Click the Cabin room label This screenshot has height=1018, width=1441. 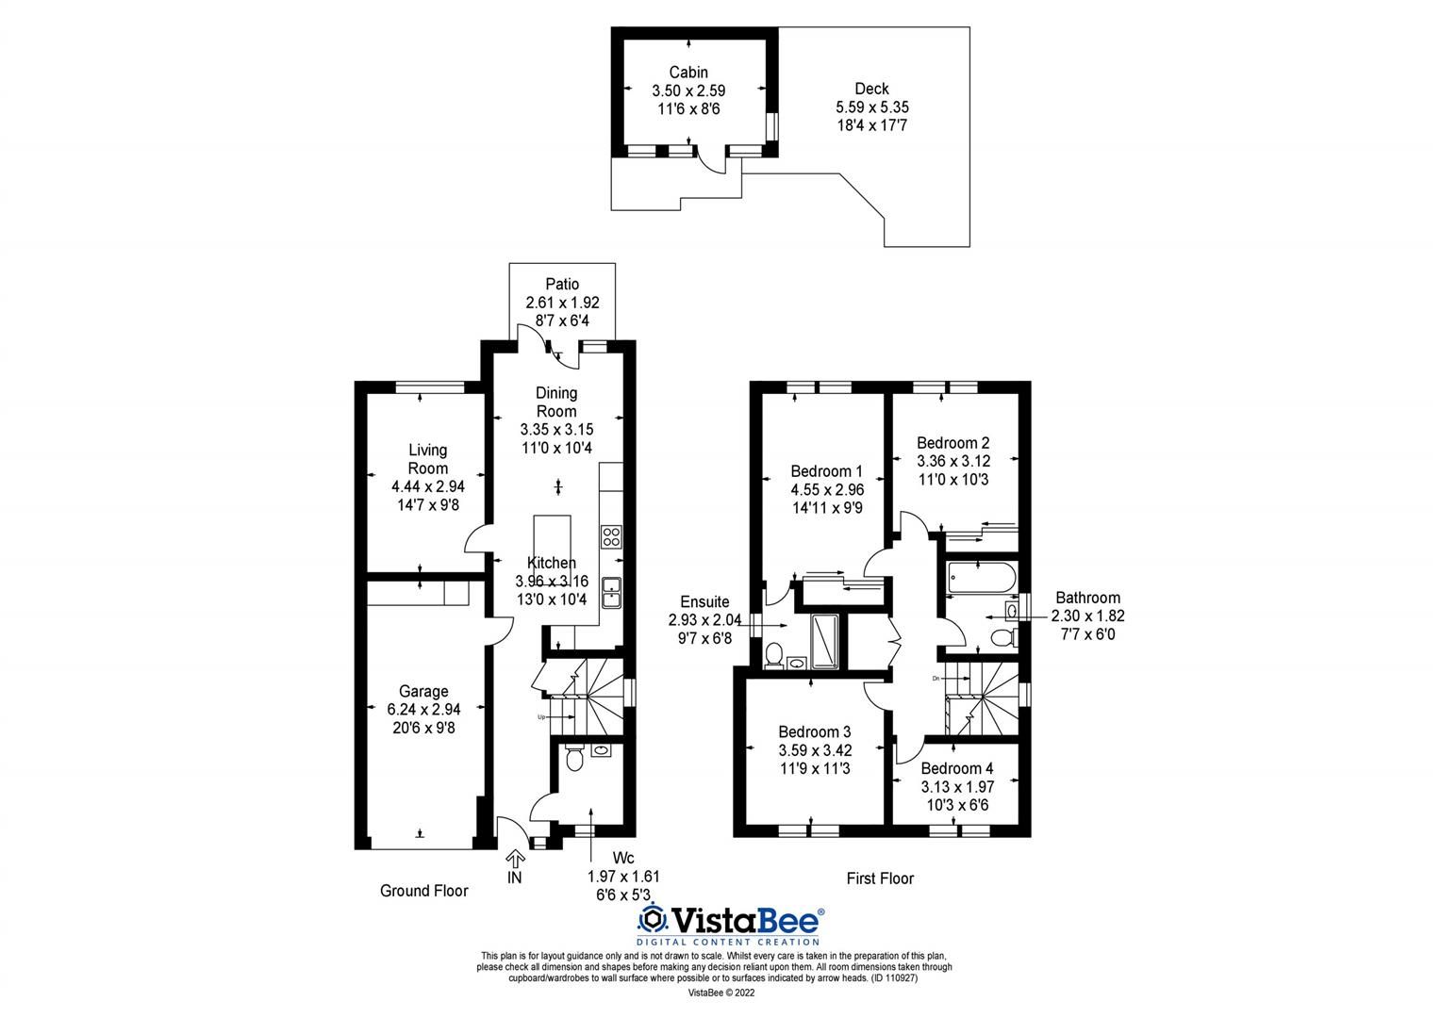(688, 73)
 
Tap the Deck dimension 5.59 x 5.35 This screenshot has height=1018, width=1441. (871, 107)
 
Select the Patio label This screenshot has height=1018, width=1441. (562, 284)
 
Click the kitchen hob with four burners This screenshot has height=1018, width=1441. (611, 536)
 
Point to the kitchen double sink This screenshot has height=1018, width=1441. (611, 589)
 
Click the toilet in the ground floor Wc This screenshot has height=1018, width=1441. (571, 760)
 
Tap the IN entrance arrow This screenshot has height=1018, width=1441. (515, 859)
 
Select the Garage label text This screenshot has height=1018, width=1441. (423, 691)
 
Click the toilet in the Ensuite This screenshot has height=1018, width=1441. (774, 653)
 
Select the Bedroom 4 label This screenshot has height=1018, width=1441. (957, 768)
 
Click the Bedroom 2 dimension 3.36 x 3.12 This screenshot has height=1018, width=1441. (952, 461)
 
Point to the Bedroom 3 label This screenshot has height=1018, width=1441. (815, 731)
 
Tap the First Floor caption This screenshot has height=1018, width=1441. (880, 878)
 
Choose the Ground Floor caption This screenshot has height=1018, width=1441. (423, 891)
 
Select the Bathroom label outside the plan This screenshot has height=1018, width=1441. (1087, 598)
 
